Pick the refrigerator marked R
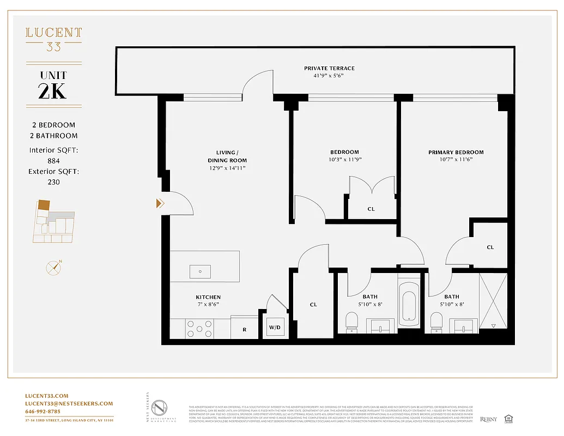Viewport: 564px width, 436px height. coord(244,329)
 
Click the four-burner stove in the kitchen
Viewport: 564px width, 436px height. coord(200,329)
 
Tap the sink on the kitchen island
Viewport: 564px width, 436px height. coord(200,270)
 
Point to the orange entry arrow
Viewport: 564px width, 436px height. coord(160,203)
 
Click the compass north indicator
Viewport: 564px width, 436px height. coord(53,268)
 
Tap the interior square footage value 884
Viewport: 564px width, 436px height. coord(53,161)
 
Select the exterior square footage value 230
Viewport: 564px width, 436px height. coord(53,182)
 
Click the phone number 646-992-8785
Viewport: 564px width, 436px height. coord(43,411)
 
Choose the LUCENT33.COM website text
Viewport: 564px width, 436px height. coord(47,396)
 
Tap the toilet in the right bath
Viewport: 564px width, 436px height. coord(435,322)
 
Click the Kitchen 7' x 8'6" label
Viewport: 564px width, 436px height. coord(208,301)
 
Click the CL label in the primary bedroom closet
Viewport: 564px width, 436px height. coord(490,247)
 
